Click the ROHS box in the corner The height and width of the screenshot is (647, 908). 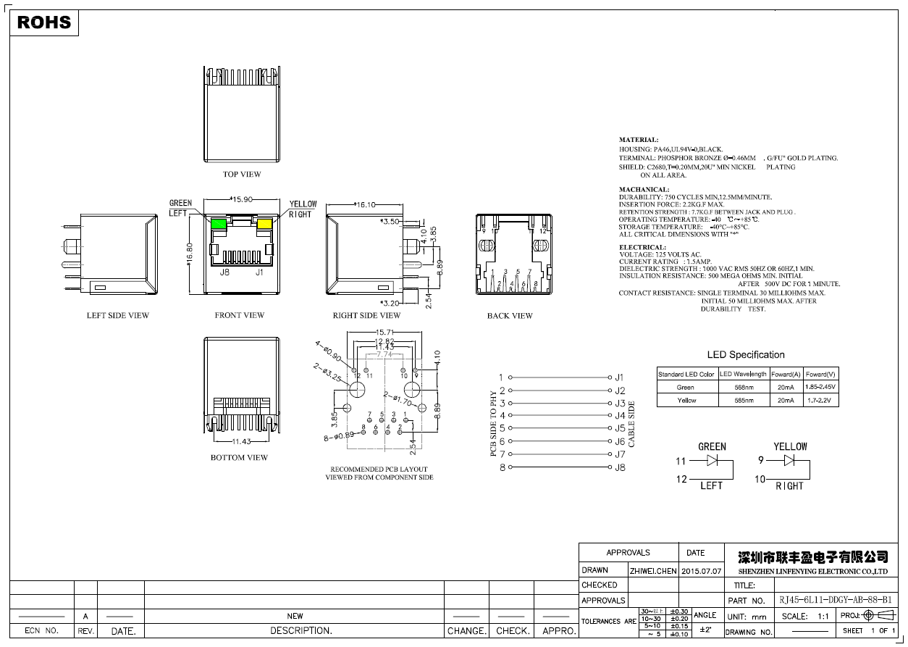44,22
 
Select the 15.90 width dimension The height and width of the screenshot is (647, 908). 241,199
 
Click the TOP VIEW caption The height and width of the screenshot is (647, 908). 242,175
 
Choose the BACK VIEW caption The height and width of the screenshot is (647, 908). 510,316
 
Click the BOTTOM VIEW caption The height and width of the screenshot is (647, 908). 239,458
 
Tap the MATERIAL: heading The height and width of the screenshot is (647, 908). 639,139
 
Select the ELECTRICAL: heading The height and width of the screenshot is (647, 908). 642,247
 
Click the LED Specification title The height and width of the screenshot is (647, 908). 745,355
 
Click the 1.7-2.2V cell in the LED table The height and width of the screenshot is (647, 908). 821,400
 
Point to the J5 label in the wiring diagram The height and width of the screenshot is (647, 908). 620,429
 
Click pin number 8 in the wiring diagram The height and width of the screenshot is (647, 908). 502,467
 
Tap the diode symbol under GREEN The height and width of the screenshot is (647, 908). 712,460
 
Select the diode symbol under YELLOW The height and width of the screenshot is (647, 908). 789,459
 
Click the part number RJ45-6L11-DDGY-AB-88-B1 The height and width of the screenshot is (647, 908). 836,601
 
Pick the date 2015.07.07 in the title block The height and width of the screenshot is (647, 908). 702,571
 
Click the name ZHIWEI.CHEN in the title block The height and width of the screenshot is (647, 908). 652,571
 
